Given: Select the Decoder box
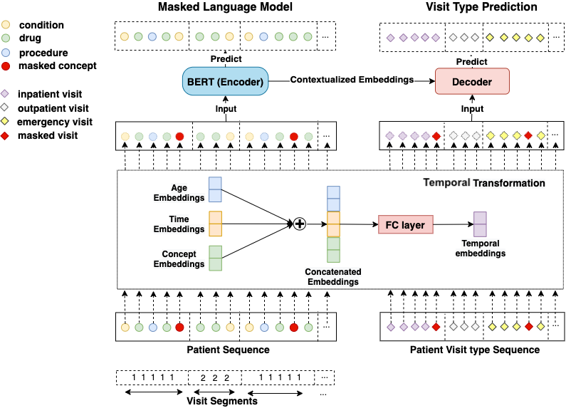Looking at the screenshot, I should tap(472, 82).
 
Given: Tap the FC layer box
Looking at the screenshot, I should tap(405, 225).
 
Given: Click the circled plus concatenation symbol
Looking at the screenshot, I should tap(300, 224).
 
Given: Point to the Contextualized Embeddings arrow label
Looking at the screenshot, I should tap(352, 80).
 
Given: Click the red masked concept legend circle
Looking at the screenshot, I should tap(6, 66).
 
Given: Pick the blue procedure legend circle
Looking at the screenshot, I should tap(6, 53).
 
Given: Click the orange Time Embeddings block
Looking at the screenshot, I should tap(215, 224).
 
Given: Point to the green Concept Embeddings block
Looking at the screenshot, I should tap(215, 258).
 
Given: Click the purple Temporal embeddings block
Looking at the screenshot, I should tap(480, 224).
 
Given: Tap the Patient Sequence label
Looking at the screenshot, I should tap(228, 350).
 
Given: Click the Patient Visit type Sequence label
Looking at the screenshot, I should tap(475, 350).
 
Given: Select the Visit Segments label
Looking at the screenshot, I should tap(222, 401).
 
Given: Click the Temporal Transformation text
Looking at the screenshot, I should tap(484, 183).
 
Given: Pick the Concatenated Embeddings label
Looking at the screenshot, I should tap(333, 277).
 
